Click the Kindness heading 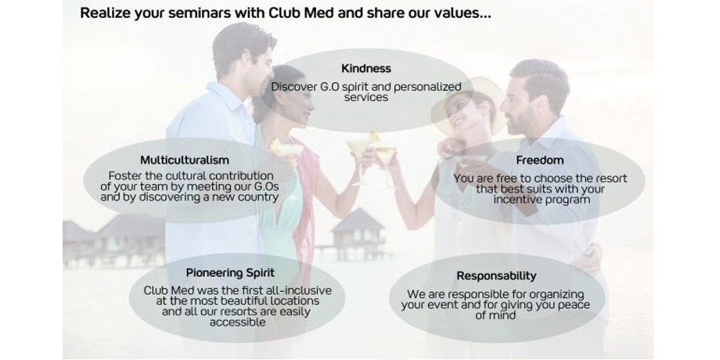coord(366,68)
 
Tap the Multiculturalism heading coord(185,160)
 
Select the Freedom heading coord(539,160)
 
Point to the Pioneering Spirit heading coord(230,273)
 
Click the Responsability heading coord(496,276)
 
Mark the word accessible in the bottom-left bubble coord(237,322)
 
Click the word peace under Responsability coord(574,305)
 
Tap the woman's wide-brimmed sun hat coord(468,104)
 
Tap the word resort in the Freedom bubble coord(612,178)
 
